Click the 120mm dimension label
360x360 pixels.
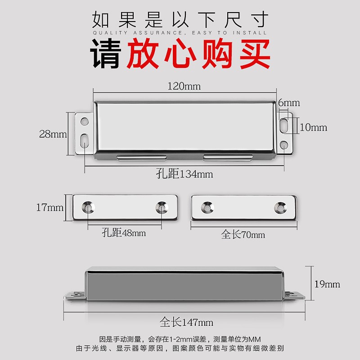pos(184,86)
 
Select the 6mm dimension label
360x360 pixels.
pos(288,103)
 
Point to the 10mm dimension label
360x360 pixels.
pos(313,127)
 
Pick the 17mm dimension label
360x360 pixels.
pos(50,207)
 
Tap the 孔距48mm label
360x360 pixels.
pos(124,233)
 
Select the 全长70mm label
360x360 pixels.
pos(243,234)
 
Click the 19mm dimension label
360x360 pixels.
pos(327,284)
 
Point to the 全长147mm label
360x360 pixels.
pos(186,322)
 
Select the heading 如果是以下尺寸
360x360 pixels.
pos(180,19)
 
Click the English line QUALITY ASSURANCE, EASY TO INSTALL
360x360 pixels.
pos(180,33)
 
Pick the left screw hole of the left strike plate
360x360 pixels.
pos(88,207)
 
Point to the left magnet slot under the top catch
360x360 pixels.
pos(141,158)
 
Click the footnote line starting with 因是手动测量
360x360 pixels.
pos(180,339)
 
